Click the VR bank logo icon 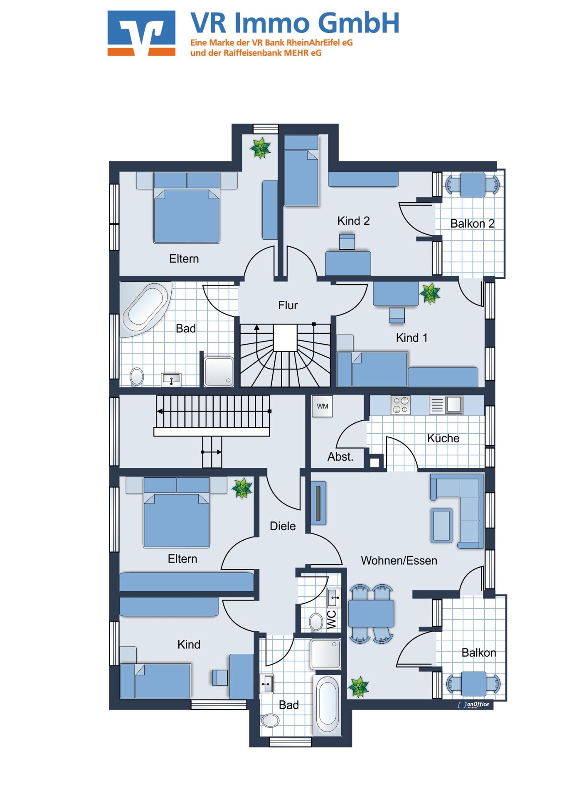click(x=141, y=33)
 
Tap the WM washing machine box click(x=323, y=406)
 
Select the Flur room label click(x=288, y=305)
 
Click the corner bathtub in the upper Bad click(x=145, y=308)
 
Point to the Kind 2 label click(x=353, y=221)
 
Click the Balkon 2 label click(x=473, y=224)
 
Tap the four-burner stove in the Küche click(x=400, y=405)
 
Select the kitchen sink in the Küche click(x=454, y=404)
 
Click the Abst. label click(x=340, y=457)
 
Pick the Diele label click(x=283, y=526)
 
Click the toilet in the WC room click(x=316, y=623)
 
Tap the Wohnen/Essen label click(x=399, y=561)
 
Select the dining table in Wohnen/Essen click(x=371, y=613)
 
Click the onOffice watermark click(x=473, y=705)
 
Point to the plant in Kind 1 click(x=430, y=293)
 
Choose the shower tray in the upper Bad click(x=219, y=371)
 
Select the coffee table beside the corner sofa click(x=441, y=525)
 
